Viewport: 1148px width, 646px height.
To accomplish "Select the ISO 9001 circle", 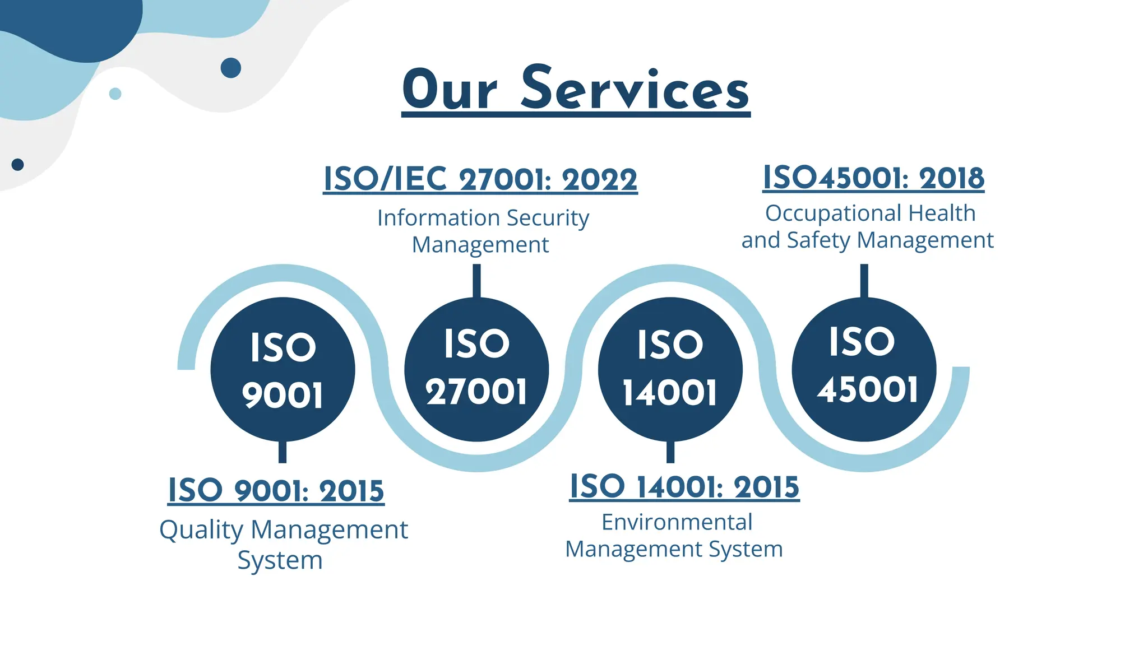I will click(x=283, y=369).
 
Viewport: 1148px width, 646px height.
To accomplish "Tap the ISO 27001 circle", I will click(x=476, y=369).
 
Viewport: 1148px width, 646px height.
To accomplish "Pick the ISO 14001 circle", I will click(x=670, y=369).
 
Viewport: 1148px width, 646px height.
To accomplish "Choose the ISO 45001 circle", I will click(x=864, y=369).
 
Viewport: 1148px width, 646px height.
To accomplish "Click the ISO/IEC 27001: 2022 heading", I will click(x=480, y=179).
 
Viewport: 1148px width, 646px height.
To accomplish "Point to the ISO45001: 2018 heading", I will click(x=873, y=178).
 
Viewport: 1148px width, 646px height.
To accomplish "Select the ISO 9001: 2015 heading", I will click(x=276, y=491).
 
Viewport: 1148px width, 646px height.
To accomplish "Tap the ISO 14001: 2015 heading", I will click(x=684, y=486).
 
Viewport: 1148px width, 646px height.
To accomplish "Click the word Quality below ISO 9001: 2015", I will click(x=201, y=530).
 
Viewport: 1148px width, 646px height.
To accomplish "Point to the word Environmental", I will click(x=677, y=522).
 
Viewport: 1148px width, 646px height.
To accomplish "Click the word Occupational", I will click(x=834, y=213).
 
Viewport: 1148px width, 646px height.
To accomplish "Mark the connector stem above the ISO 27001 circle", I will click(x=476, y=281).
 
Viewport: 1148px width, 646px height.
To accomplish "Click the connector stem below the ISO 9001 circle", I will click(x=283, y=452).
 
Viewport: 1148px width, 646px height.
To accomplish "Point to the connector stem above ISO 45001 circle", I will click(x=864, y=281).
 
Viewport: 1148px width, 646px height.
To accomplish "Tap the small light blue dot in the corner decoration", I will click(x=115, y=94).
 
